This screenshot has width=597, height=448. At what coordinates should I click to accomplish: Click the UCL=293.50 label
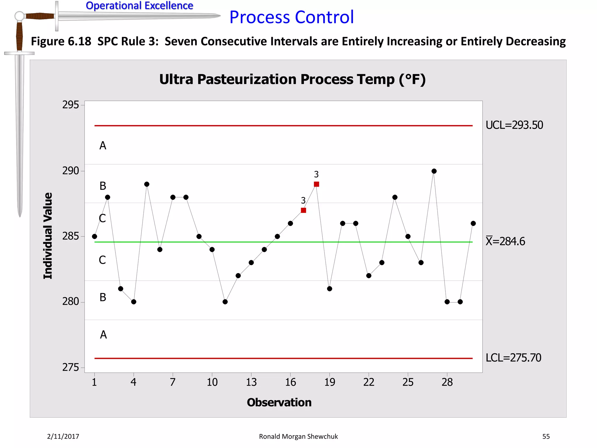(x=514, y=125)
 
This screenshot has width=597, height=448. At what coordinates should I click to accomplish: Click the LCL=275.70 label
(x=513, y=358)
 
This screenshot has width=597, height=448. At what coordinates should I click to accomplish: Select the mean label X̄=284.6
(x=505, y=242)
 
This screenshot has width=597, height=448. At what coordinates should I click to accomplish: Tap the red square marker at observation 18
(x=316, y=184)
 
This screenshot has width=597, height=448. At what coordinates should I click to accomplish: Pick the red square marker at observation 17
(x=303, y=210)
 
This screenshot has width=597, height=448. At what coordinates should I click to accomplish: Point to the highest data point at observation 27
(x=434, y=171)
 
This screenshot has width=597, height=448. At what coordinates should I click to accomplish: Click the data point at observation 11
(x=225, y=302)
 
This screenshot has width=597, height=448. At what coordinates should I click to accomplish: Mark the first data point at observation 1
(x=94, y=237)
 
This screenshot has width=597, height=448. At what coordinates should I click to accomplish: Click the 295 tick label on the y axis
(x=71, y=105)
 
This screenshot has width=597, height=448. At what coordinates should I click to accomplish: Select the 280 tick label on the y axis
(x=71, y=302)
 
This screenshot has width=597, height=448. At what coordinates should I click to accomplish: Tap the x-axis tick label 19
(x=329, y=382)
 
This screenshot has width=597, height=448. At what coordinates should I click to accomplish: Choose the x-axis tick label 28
(x=447, y=382)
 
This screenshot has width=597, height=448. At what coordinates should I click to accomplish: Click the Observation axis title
(x=279, y=402)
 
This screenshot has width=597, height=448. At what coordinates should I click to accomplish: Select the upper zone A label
(x=103, y=146)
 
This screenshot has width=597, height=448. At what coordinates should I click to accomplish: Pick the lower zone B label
(x=103, y=297)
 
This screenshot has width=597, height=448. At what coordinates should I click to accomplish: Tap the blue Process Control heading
(x=292, y=17)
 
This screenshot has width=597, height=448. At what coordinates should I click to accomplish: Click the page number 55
(x=546, y=437)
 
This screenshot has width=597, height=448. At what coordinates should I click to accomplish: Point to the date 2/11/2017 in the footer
(x=63, y=437)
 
